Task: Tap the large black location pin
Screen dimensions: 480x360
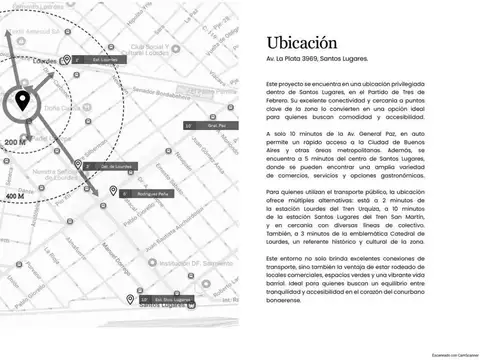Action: (x=22, y=100)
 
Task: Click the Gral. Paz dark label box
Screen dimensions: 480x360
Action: (x=211, y=126)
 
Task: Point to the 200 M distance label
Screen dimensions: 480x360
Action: (x=15, y=144)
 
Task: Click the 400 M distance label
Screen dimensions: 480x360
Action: (x=15, y=196)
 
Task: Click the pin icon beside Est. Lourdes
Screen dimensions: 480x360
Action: (x=66, y=59)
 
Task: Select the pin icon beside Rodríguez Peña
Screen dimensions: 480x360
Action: (x=113, y=190)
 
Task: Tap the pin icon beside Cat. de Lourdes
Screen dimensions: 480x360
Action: (x=78, y=164)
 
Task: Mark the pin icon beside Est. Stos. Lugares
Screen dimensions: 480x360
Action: (x=129, y=299)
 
